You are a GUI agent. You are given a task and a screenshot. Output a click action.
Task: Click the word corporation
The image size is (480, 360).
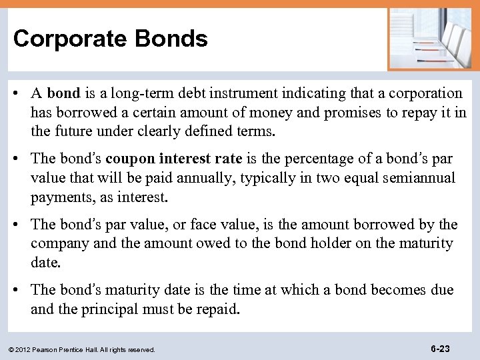point(421,93)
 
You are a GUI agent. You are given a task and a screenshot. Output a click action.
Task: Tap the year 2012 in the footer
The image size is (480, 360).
point(21,349)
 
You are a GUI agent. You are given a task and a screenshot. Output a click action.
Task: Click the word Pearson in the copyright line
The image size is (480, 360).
point(44,349)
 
